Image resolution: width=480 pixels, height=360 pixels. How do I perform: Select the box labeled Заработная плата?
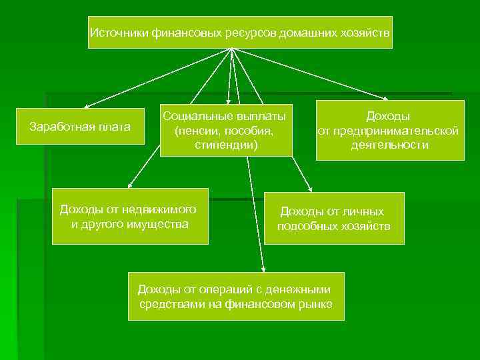click(x=81, y=126)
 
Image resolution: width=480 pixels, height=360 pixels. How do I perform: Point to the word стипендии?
click(x=226, y=144)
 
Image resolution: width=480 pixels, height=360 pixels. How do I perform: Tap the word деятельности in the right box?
click(x=390, y=144)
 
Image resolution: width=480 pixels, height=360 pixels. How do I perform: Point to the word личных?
click(x=363, y=211)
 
